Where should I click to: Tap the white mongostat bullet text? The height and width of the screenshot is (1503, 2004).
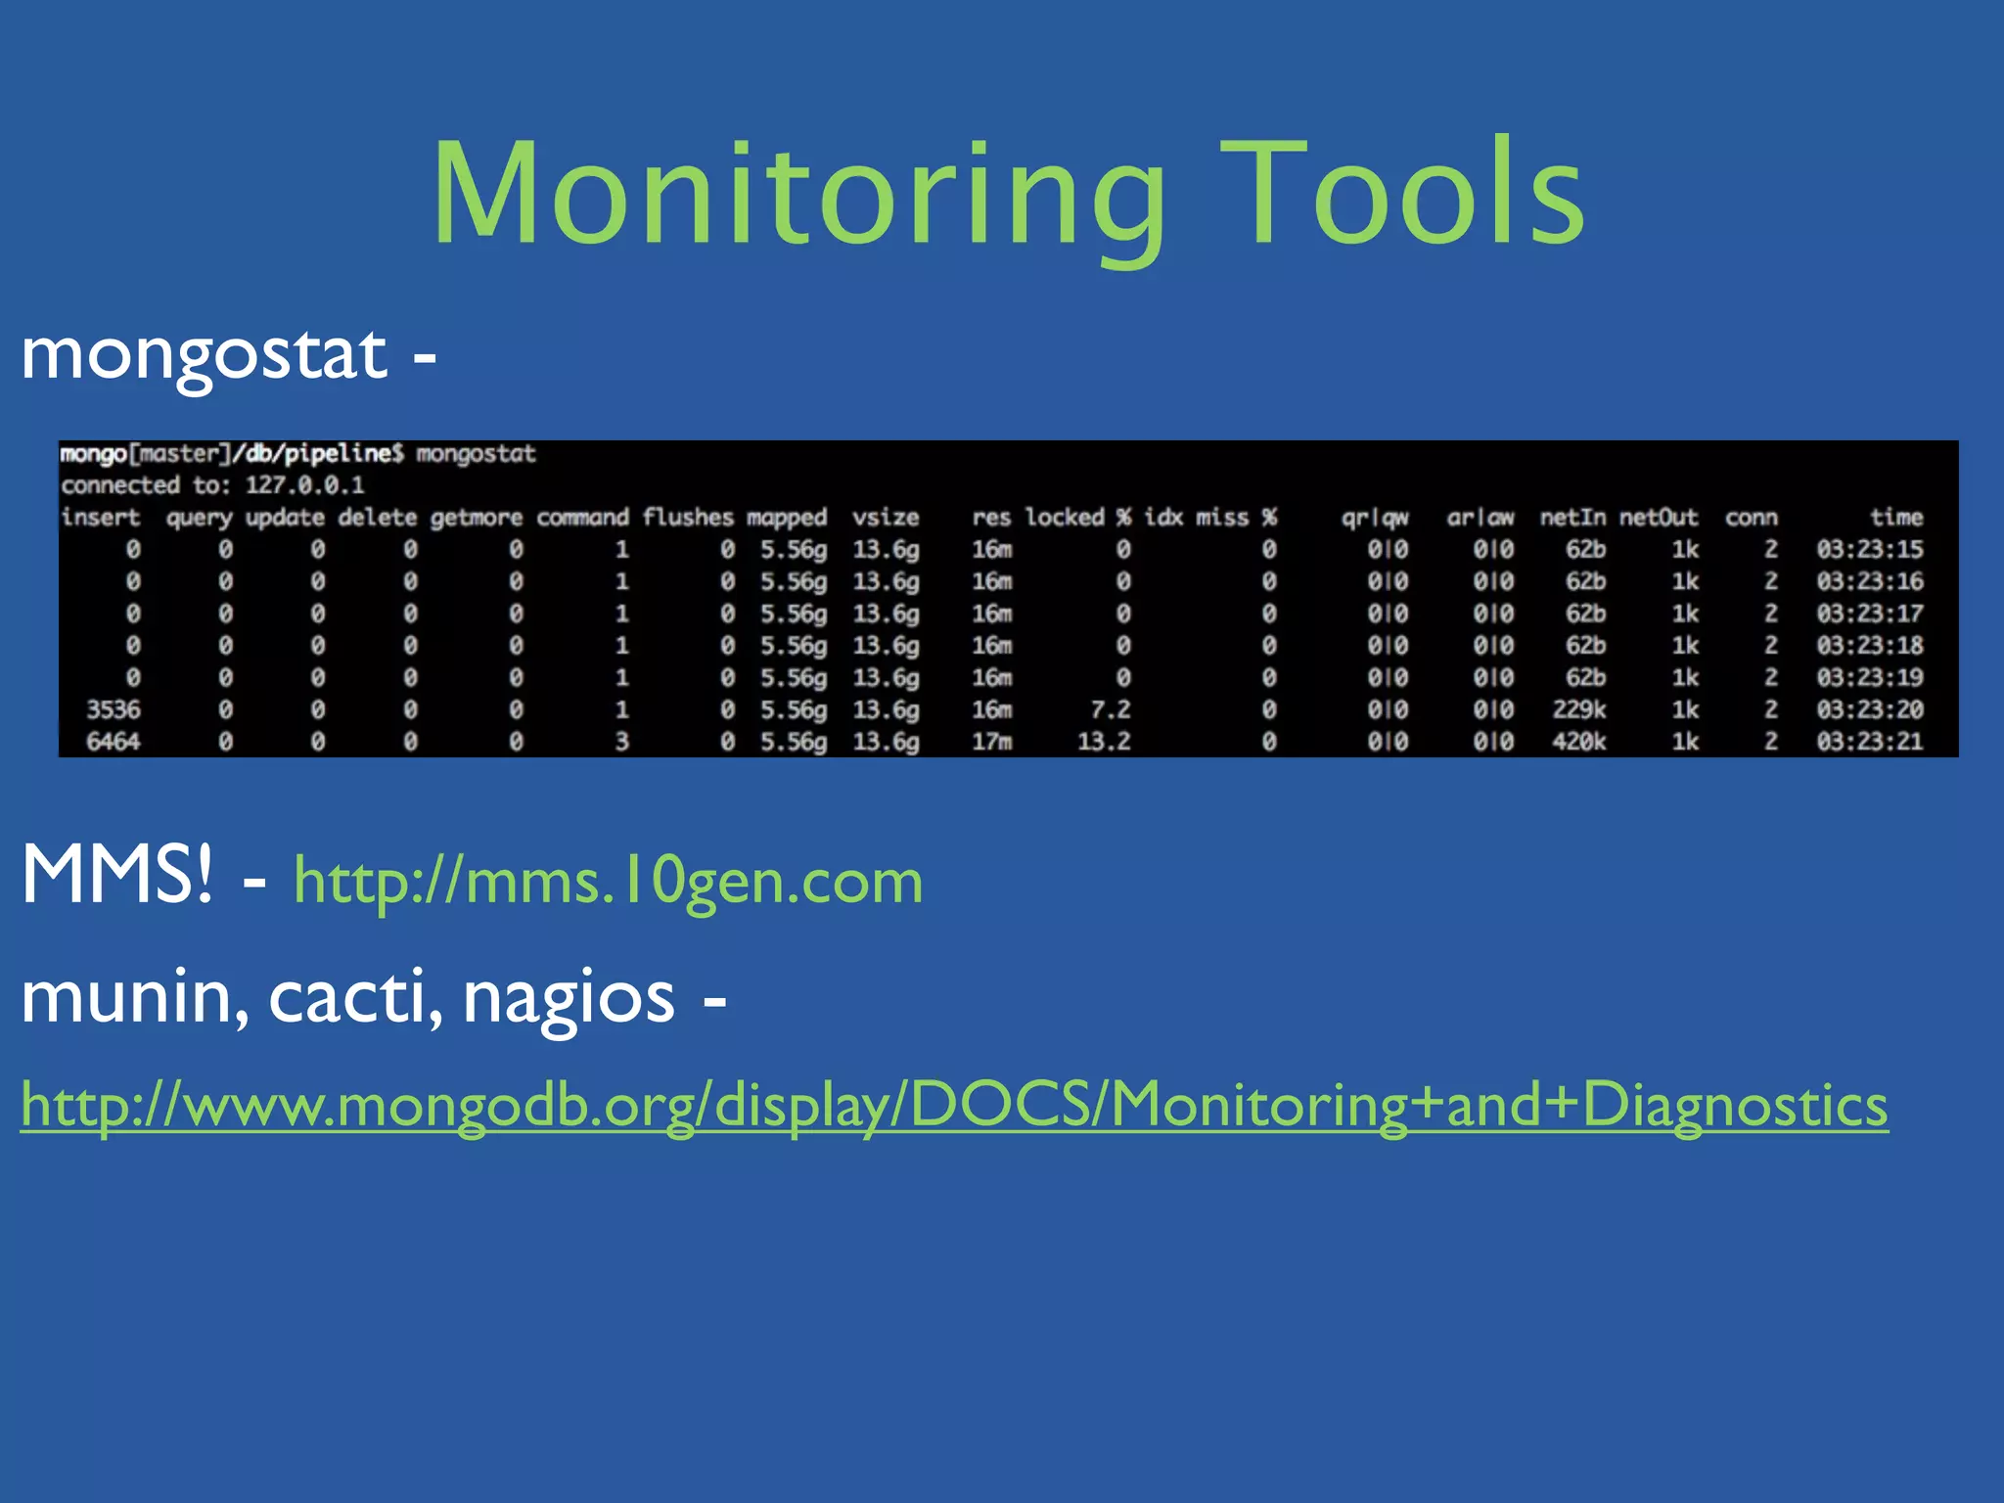click(x=204, y=354)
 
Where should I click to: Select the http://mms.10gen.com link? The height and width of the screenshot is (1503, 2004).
click(x=608, y=881)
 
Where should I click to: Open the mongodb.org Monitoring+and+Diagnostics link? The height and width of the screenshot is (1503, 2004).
click(x=954, y=1105)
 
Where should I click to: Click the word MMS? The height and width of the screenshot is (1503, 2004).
click(x=116, y=874)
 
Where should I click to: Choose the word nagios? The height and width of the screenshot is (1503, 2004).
click(x=569, y=998)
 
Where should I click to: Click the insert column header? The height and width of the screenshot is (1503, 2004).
click(x=100, y=517)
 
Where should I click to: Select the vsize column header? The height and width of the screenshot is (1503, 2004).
click(x=885, y=517)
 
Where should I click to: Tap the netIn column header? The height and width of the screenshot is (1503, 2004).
click(x=1571, y=517)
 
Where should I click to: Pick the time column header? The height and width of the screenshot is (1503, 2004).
click(x=1895, y=517)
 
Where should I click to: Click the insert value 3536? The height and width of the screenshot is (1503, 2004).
click(x=113, y=709)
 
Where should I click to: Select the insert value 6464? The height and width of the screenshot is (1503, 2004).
click(x=113, y=742)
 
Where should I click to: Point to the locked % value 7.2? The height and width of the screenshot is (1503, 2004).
click(x=1111, y=709)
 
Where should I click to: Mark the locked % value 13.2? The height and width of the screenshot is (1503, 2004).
click(x=1104, y=742)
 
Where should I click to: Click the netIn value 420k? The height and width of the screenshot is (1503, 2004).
click(x=1578, y=742)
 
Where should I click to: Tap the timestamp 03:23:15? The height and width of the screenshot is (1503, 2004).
click(x=1869, y=549)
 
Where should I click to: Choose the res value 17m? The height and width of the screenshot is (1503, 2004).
click(x=991, y=742)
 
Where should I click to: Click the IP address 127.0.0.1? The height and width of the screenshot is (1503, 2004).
click(x=304, y=485)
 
